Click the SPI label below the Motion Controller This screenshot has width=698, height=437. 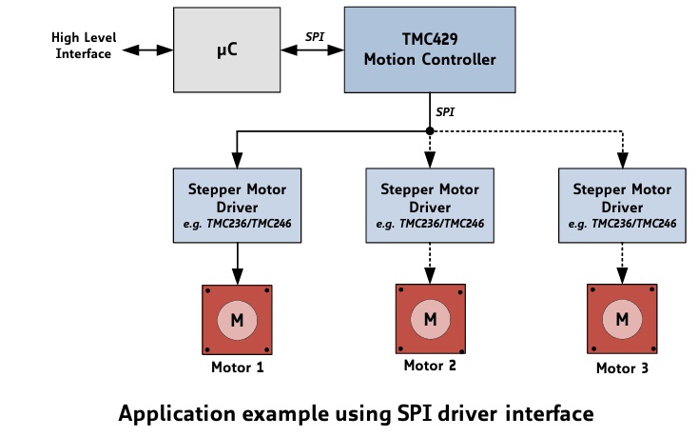444,111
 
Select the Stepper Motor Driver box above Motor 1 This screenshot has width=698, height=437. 236,204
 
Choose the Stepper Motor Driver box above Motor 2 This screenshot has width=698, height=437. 430,204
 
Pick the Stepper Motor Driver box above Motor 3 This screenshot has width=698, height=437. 623,204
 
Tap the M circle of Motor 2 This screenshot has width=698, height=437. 430,318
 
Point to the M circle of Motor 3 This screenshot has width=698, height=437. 623,318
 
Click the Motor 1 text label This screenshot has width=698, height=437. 236,367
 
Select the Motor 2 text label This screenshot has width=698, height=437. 430,366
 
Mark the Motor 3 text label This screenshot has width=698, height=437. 623,367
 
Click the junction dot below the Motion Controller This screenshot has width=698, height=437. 430,130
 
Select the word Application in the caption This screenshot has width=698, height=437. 173,414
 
